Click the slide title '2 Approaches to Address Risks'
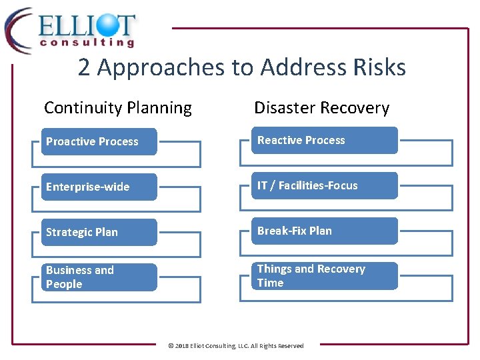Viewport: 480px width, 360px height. pos(241,67)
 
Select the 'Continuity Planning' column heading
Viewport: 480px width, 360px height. pos(117,107)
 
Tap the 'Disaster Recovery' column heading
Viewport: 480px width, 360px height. pos(321,107)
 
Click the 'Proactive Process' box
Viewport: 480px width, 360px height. pos(99,141)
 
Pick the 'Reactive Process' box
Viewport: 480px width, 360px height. pos(324,140)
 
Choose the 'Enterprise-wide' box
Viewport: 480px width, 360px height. pos(99,187)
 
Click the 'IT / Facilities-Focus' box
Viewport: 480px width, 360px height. pos(324,185)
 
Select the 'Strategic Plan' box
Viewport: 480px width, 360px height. pos(99,232)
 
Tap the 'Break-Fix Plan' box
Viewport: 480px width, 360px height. pos(324,231)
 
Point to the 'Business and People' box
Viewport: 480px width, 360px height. pos(99,277)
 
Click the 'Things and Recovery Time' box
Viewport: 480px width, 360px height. pos(324,276)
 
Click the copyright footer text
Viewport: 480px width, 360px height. pos(235,346)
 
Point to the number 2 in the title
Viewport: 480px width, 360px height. pos(84,67)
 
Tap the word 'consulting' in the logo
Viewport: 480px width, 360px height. pos(87,43)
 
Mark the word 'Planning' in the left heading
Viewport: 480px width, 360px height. pos(161,107)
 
